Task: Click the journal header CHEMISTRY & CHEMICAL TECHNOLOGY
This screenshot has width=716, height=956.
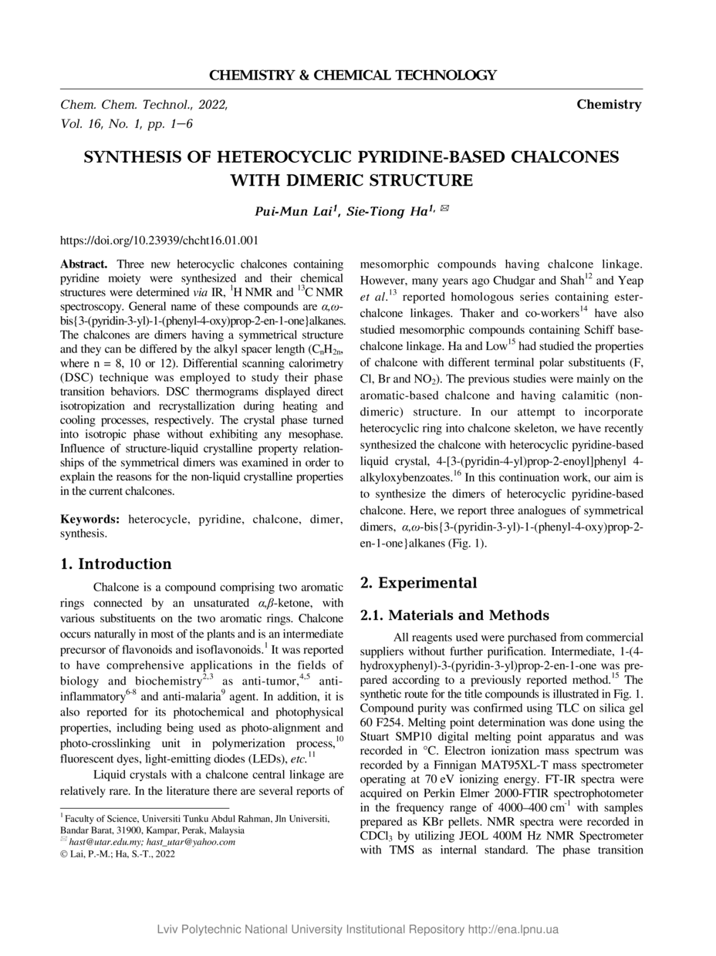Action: tap(353, 75)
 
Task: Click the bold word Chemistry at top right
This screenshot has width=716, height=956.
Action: tap(608, 104)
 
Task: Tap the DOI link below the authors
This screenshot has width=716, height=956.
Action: tap(159, 241)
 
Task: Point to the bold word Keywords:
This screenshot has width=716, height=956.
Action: tap(90, 520)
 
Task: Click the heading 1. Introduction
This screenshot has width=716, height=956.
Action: tap(116, 564)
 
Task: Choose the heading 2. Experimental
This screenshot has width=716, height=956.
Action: tap(419, 582)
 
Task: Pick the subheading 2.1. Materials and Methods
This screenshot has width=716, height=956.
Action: tap(454, 615)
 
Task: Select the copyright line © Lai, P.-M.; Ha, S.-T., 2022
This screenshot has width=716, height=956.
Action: tap(117, 853)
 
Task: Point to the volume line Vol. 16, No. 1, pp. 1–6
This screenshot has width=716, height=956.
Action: tap(127, 123)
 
